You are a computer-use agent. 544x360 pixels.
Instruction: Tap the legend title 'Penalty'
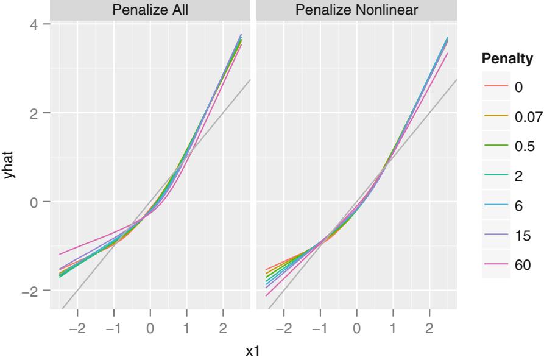click(x=507, y=59)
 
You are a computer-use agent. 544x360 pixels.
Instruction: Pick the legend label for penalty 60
click(x=521, y=265)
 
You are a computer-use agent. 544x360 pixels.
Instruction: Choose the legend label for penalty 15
click(x=521, y=235)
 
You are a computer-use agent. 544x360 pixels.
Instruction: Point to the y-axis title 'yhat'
click(x=9, y=165)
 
